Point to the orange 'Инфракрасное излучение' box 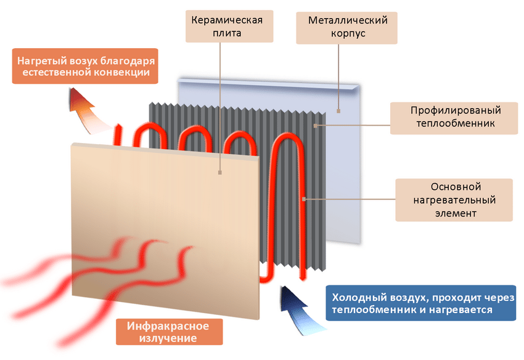(168, 332)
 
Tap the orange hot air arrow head (81, 99)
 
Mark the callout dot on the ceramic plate (219, 173)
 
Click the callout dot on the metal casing (338, 110)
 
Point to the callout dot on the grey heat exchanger (314, 126)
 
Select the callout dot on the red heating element (304, 199)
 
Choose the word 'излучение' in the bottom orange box (168, 338)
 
